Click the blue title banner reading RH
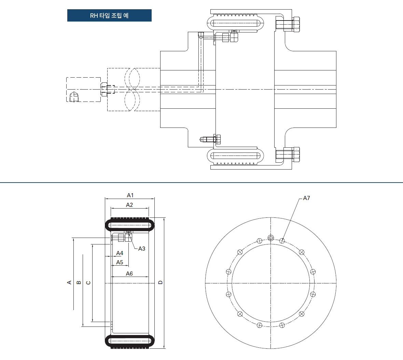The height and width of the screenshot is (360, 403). click(109, 15)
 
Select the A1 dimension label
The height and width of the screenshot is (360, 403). click(130, 195)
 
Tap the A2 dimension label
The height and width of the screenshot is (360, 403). click(129, 205)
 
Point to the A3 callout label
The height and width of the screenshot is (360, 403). click(142, 249)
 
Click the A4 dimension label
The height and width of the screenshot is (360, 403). click(120, 253)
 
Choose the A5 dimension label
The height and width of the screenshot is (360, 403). click(120, 262)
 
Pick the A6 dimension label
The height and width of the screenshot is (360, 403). click(129, 274)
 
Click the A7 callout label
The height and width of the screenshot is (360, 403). click(306, 198)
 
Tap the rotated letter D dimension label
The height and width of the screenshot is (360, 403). click(161, 282)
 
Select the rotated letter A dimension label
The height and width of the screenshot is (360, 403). click(69, 282)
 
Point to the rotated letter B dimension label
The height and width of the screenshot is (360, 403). click(79, 282)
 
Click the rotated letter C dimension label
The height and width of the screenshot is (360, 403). click(88, 283)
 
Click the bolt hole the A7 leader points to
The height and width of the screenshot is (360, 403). click(282, 241)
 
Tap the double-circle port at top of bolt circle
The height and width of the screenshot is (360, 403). click(270, 238)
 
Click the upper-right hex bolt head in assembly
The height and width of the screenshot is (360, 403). click(296, 25)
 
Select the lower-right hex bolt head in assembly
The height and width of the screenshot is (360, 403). click(296, 155)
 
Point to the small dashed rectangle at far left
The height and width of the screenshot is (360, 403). click(84, 90)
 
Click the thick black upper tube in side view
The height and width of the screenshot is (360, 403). click(130, 225)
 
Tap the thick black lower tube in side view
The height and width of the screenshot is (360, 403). click(130, 341)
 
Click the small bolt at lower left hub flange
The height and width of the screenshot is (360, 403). click(210, 139)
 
